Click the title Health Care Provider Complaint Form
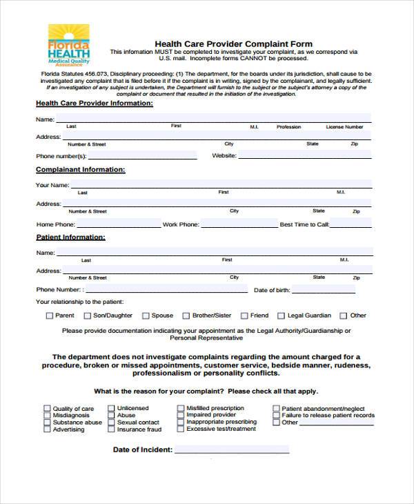click(x=233, y=43)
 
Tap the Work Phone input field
click(x=238, y=224)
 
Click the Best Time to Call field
click(x=351, y=224)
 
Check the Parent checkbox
click(x=49, y=316)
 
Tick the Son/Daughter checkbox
click(x=88, y=316)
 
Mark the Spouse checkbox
click(x=146, y=316)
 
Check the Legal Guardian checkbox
click(x=282, y=316)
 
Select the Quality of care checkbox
click(x=47, y=408)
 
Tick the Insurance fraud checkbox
click(x=111, y=429)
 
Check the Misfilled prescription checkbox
click(x=181, y=408)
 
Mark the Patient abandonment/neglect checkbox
click(x=276, y=408)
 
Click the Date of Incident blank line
click(x=232, y=450)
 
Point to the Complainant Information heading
click(x=80, y=169)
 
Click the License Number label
click(x=344, y=127)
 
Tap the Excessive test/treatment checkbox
click(x=181, y=429)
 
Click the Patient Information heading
click(x=70, y=237)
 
